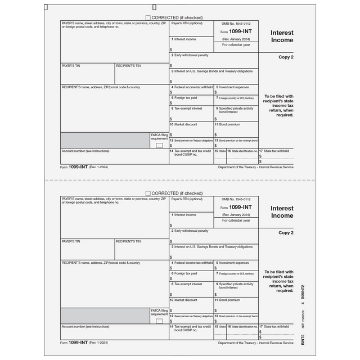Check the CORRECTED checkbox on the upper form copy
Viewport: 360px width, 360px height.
coord(148,18)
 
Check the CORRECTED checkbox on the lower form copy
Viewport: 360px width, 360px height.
coord(148,193)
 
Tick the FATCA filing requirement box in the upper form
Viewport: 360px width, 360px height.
coord(159,145)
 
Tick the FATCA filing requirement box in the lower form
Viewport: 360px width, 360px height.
coord(159,321)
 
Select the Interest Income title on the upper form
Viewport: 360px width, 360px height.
coord(282,37)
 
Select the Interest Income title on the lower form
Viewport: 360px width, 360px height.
coord(282,212)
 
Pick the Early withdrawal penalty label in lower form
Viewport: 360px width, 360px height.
coord(191,231)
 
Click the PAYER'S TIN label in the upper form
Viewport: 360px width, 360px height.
coord(71,66)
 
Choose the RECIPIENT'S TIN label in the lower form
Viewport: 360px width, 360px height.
coord(128,241)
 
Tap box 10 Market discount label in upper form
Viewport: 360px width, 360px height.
coord(186,124)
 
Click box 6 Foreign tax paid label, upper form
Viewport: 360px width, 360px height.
coord(185,98)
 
